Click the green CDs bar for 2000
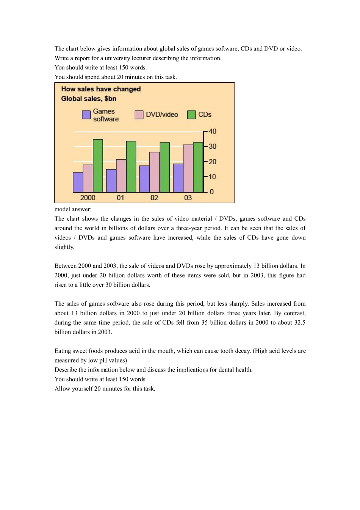[x=98, y=166]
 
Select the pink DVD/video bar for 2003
[x=188, y=168]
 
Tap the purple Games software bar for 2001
[x=111, y=180]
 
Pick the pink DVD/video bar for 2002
[x=155, y=172]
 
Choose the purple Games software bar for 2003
[x=178, y=178]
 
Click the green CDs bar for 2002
[x=164, y=167]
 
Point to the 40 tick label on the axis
[x=212, y=131]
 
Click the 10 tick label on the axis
[x=212, y=177]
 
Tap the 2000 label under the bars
[x=88, y=198]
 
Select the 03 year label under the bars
[x=188, y=198]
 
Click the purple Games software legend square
[x=86, y=115]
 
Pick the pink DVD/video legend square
[x=139, y=115]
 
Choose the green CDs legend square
[x=191, y=115]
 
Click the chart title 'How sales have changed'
[x=101, y=89]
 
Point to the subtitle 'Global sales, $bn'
[x=89, y=99]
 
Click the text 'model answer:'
[x=73, y=209]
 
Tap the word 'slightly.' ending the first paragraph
[x=64, y=247]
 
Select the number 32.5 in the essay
[x=300, y=323]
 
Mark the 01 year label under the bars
[x=121, y=198]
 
